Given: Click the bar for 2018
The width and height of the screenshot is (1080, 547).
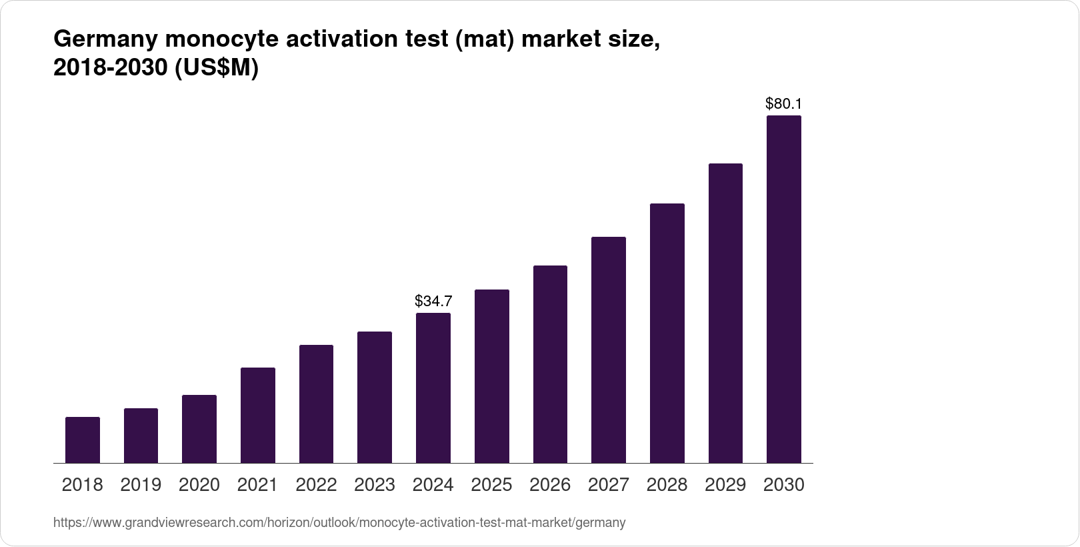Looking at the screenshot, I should click(x=83, y=440).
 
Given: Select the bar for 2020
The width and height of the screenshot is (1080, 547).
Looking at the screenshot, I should click(x=199, y=429).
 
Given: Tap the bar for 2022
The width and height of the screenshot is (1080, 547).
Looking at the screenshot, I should click(x=316, y=404).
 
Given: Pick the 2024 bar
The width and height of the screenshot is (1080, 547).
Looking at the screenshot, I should click(x=433, y=388).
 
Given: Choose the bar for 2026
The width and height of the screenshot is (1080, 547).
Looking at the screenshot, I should click(x=550, y=364).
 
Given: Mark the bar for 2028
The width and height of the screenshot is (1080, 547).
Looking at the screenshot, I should click(x=667, y=333).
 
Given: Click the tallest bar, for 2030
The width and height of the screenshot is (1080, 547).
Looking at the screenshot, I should click(x=784, y=289).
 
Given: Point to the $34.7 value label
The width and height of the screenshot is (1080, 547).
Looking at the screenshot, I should click(x=433, y=301).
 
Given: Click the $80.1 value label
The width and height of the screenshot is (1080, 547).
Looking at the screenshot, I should click(x=783, y=103).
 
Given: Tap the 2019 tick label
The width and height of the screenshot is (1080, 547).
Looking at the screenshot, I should click(x=141, y=485).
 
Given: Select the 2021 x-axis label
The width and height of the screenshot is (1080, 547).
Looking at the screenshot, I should click(x=257, y=485).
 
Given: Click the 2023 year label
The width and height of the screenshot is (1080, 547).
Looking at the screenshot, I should click(x=375, y=485).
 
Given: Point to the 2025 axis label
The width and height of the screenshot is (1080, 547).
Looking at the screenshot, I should click(x=491, y=485).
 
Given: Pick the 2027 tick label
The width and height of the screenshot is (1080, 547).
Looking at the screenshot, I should click(x=609, y=485).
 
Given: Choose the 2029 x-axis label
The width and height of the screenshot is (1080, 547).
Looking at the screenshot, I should click(x=725, y=485).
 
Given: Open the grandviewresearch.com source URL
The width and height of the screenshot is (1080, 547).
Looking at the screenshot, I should click(x=339, y=522).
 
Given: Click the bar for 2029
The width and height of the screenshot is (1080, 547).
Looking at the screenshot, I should click(x=725, y=313).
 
